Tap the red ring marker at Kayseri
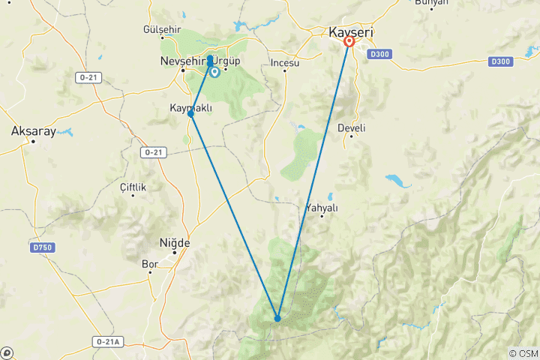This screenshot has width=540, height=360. (x=349, y=42)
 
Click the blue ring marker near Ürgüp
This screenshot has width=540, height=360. (x=215, y=73)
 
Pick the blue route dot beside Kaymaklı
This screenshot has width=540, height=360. (x=191, y=114)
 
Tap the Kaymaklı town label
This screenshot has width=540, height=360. (x=191, y=108)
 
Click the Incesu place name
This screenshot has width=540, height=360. (x=285, y=63)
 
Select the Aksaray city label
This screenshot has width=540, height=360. (x=33, y=130)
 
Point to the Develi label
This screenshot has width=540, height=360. (x=351, y=128)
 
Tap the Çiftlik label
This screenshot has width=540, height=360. (x=133, y=187)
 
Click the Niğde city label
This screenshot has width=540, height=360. (x=175, y=243)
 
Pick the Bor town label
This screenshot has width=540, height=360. (x=149, y=264)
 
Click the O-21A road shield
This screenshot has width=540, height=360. (x=107, y=341)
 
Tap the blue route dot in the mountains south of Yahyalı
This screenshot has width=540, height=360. (x=277, y=319)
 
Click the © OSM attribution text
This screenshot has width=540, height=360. (x=523, y=353)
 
